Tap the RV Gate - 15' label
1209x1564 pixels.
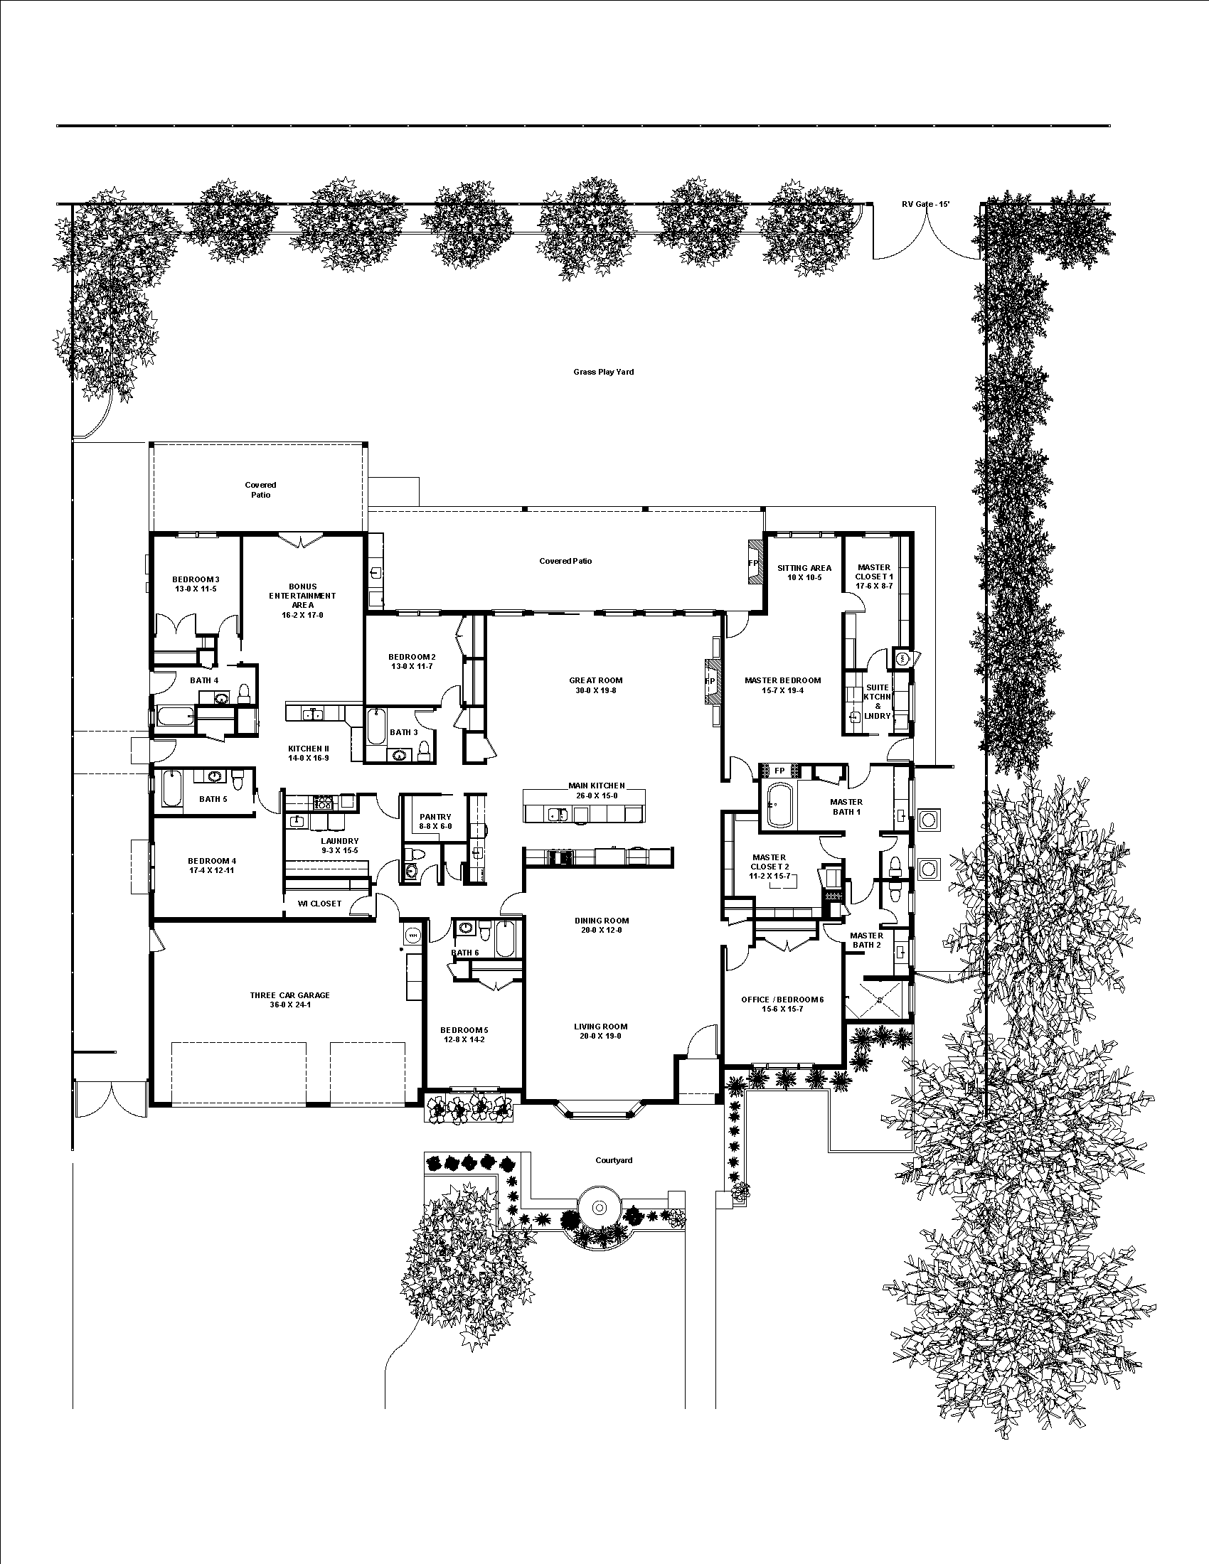tap(925, 204)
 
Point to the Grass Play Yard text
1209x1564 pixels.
tap(603, 372)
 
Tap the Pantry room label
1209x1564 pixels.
tap(435, 816)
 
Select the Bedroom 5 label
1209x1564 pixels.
tap(464, 1030)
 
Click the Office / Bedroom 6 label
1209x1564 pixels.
tap(782, 999)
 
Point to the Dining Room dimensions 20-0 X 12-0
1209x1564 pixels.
tap(602, 931)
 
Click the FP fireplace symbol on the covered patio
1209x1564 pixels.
tap(752, 563)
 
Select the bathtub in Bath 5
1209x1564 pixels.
tap(171, 789)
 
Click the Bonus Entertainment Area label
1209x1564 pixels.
tap(302, 595)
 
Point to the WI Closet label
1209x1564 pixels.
tap(319, 904)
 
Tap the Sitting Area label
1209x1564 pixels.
tap(804, 568)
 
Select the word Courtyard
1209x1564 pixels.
tap(614, 1160)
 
